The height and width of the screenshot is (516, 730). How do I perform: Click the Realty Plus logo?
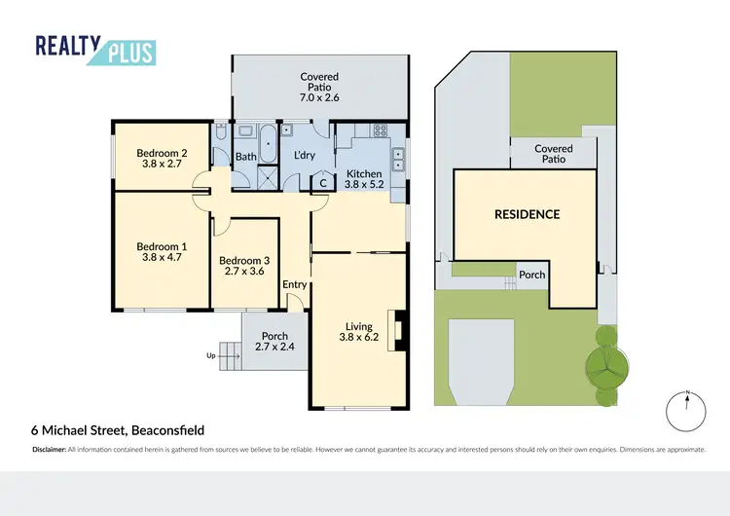[95, 49]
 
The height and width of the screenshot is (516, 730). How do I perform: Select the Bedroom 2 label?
[162, 158]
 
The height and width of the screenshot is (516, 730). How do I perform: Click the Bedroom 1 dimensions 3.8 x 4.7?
[162, 259]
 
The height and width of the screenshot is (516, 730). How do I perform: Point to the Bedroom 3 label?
[245, 266]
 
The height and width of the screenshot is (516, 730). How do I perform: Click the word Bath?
[245, 156]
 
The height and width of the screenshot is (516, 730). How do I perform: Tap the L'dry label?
[307, 156]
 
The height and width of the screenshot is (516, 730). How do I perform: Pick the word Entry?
[295, 284]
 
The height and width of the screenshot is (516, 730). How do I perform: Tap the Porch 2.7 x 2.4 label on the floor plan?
[274, 341]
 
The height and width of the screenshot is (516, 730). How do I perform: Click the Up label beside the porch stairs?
[211, 355]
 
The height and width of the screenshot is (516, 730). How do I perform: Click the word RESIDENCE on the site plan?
[527, 214]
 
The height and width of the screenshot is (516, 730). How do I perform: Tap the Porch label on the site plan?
[531, 275]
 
